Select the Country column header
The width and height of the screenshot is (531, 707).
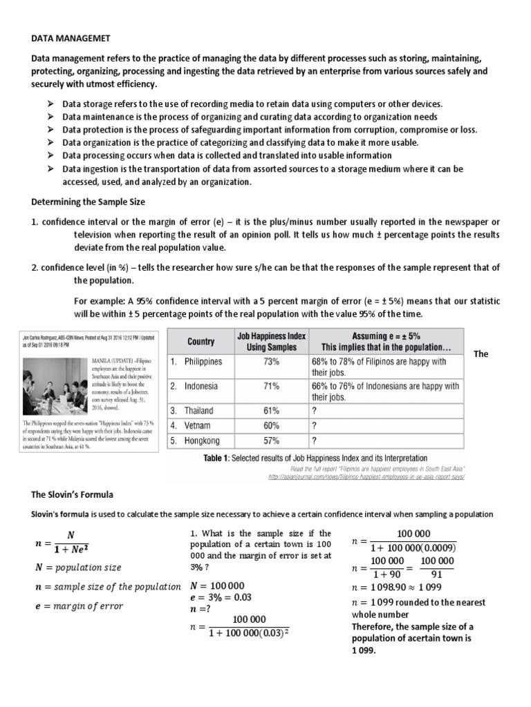coord(201,341)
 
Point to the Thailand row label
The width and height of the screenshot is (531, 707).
coord(194,411)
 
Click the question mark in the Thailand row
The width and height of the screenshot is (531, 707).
coord(315,411)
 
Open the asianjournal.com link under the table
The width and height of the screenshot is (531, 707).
coord(366,476)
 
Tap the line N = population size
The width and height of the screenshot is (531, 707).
coord(77,568)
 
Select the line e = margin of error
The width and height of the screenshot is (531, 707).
coord(79,606)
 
